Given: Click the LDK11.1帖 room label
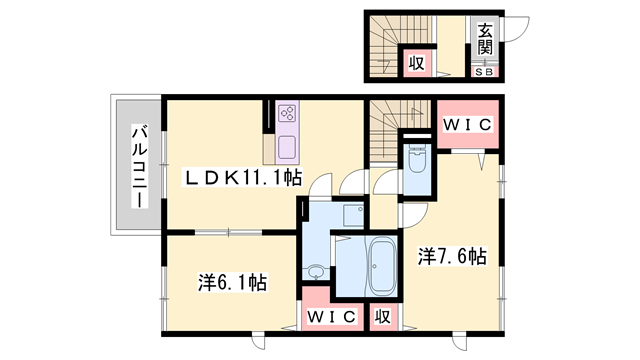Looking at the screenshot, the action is point(244,178).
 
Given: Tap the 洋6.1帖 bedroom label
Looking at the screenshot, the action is point(233,282).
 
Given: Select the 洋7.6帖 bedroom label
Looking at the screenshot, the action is point(452,256).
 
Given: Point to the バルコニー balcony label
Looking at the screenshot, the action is point(140,167).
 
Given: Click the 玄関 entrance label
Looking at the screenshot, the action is point(485,40).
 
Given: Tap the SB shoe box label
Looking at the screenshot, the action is point(484,72).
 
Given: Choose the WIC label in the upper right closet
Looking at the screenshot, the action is point(468,124).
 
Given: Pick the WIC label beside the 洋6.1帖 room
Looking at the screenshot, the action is point(332,316).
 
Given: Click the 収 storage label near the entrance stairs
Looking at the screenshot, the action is point(417,63).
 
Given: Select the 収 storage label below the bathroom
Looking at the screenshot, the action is point(383,316).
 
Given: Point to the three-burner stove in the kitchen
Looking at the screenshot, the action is point(287,113).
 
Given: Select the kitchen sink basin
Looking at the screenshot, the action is point(287,148).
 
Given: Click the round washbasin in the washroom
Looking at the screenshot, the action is point(315,271).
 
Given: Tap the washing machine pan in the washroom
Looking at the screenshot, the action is point(353,216).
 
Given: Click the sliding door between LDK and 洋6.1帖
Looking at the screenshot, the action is point(228,233).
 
